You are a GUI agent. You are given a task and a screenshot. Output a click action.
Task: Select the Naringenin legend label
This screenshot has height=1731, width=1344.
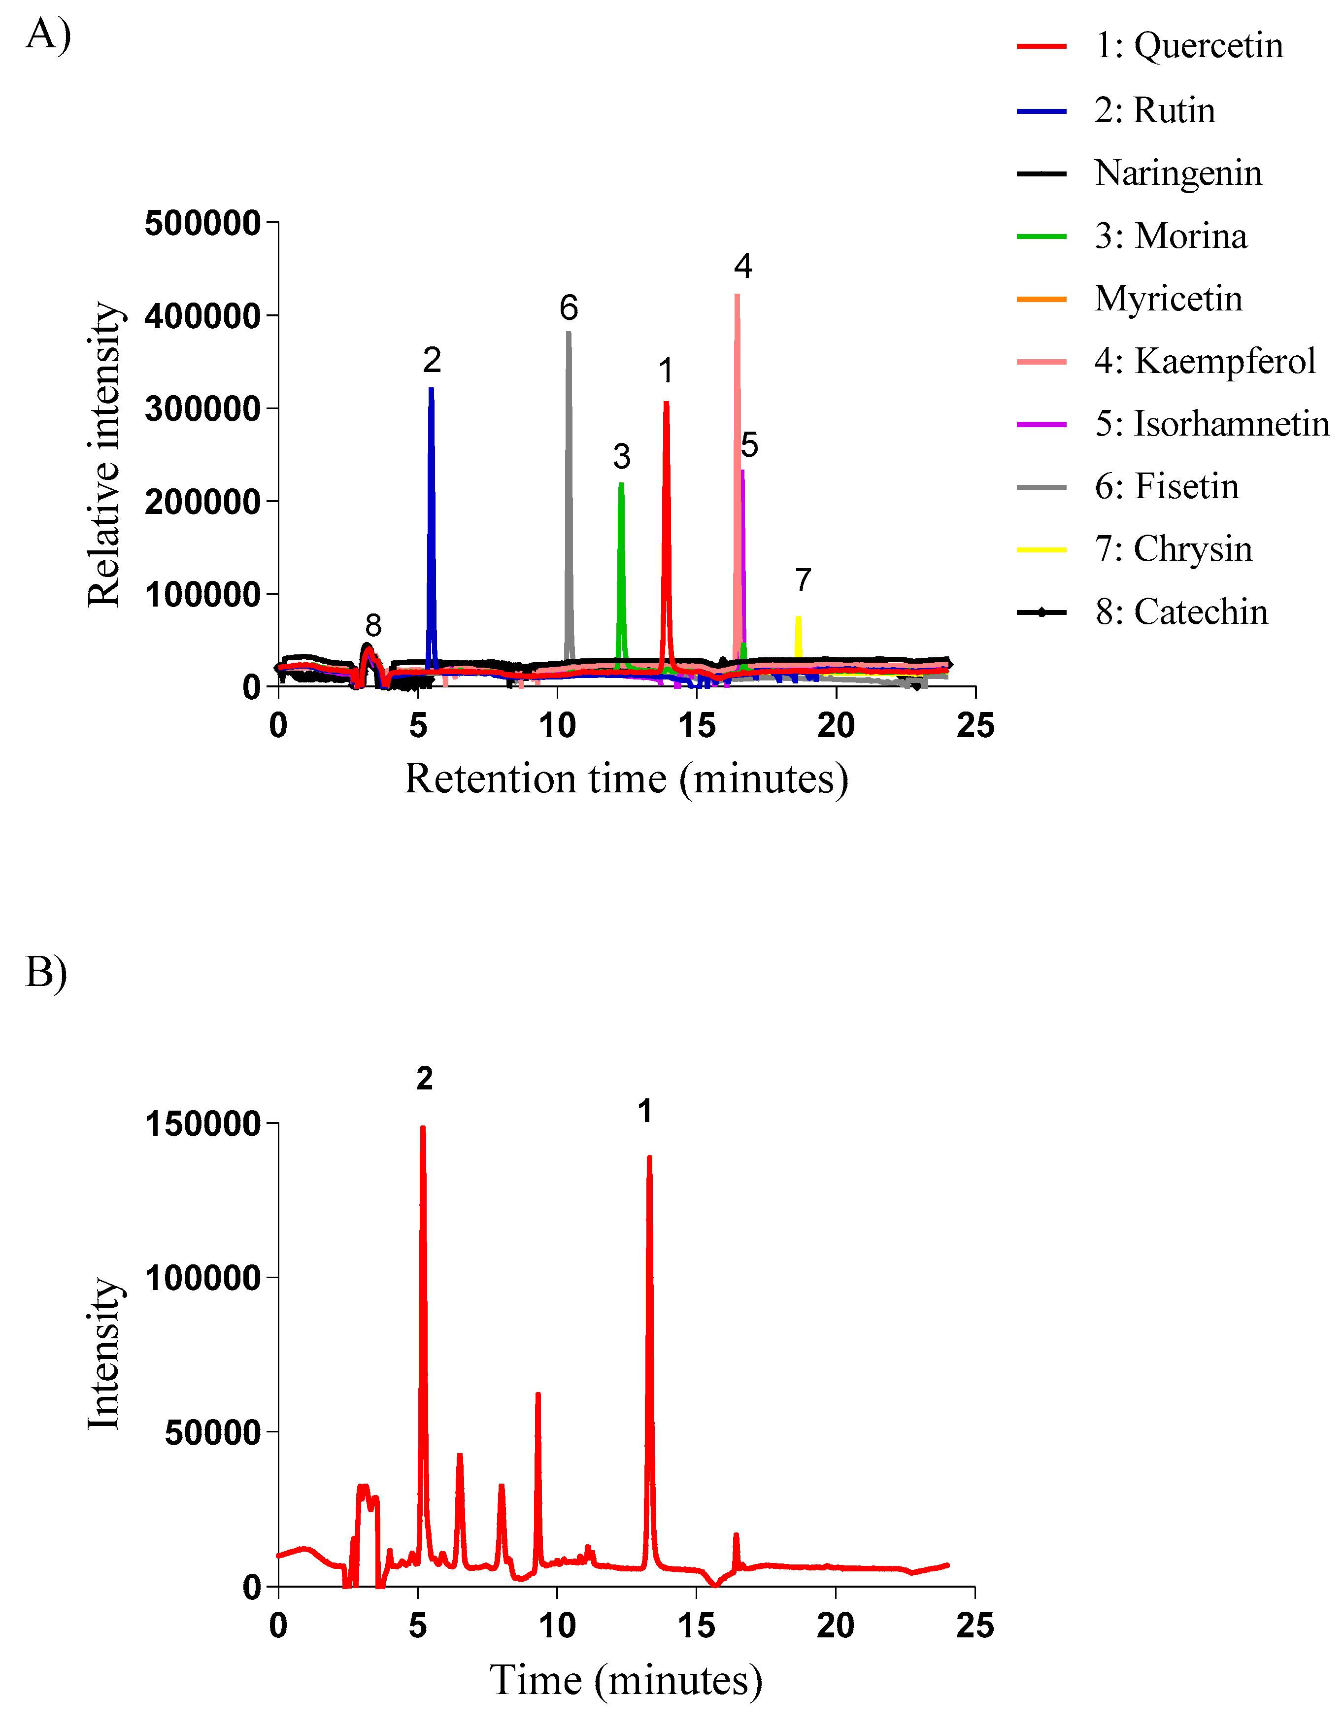(x=1177, y=173)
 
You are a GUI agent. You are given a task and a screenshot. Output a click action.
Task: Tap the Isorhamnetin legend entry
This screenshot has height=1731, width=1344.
(x=1211, y=424)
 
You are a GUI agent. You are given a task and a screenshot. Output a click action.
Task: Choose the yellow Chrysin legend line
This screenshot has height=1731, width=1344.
(x=1042, y=549)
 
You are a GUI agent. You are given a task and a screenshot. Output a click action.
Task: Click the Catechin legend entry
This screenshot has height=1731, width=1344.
(x=1181, y=612)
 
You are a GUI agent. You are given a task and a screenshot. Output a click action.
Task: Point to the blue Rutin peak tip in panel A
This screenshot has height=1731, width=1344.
(x=431, y=390)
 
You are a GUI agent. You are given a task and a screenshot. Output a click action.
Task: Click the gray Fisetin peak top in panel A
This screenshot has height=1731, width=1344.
(x=568, y=334)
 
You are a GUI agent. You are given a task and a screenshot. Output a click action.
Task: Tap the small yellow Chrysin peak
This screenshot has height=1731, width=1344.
(x=798, y=619)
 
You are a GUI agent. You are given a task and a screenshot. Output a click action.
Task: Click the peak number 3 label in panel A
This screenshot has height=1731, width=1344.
(x=621, y=457)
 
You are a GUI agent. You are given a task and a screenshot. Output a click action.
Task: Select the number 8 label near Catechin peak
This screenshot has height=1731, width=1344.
(x=373, y=625)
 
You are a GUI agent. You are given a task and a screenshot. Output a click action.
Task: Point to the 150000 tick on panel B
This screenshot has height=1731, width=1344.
(x=203, y=1124)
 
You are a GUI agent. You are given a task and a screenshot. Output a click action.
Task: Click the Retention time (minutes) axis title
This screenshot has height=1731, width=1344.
(x=626, y=779)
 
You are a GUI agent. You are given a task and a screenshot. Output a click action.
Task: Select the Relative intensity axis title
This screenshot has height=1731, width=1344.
(x=104, y=454)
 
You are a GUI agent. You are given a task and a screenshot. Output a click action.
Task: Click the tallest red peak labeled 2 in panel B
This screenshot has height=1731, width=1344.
(x=422, y=1129)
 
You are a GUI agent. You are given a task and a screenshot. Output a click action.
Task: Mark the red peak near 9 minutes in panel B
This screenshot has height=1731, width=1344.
(x=538, y=1395)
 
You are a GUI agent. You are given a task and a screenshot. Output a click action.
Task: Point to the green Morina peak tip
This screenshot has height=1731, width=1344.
(x=621, y=485)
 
